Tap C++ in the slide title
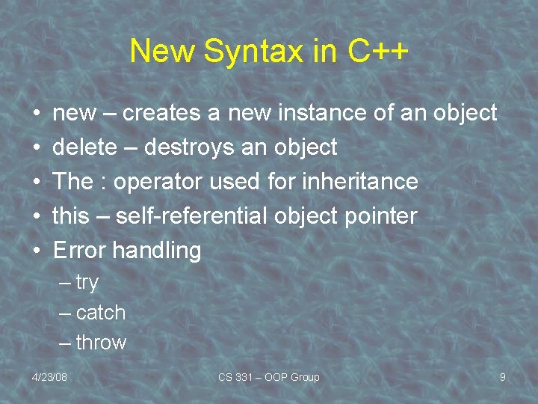(378, 52)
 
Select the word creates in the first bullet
(162, 113)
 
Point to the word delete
(84, 147)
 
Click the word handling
(157, 251)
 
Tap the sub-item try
(87, 283)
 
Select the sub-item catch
(100, 313)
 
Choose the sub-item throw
(101, 343)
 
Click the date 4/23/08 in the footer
(49, 377)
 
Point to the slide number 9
(503, 377)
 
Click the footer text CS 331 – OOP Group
(268, 377)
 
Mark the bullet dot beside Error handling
(37, 251)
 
